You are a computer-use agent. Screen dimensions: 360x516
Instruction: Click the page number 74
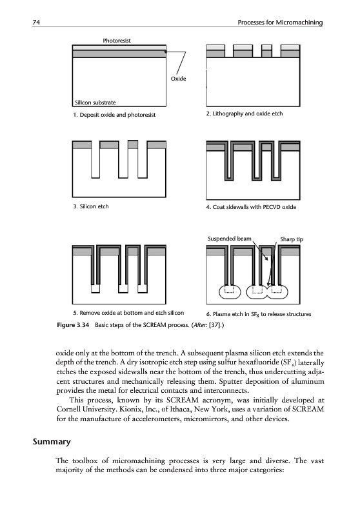(x=36, y=23)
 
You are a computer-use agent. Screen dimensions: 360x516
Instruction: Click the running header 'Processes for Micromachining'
(x=280, y=23)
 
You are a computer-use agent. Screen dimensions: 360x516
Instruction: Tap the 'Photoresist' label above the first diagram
(x=117, y=41)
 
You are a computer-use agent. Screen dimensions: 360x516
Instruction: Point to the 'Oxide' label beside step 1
(x=178, y=79)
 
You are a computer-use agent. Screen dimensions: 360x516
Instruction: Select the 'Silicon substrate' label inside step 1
(x=95, y=103)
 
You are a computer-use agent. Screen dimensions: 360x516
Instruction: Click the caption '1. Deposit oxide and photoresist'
(x=114, y=115)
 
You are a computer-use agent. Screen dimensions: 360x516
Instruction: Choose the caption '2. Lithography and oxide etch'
(x=245, y=114)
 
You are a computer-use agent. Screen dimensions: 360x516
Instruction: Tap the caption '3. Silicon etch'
(x=91, y=206)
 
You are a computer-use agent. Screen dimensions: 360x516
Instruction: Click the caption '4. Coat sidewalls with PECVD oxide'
(x=251, y=207)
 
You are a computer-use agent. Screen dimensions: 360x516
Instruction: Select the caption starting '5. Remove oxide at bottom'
(x=128, y=313)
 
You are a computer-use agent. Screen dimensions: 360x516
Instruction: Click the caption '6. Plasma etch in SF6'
(x=259, y=314)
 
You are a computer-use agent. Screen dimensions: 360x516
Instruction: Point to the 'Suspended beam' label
(x=230, y=239)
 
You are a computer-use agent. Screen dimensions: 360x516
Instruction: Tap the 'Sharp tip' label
(x=292, y=239)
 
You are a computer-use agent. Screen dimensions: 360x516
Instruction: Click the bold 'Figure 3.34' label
(x=73, y=325)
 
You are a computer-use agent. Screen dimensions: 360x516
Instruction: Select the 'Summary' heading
(x=52, y=442)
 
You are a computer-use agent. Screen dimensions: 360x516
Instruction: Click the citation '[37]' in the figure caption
(x=215, y=325)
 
